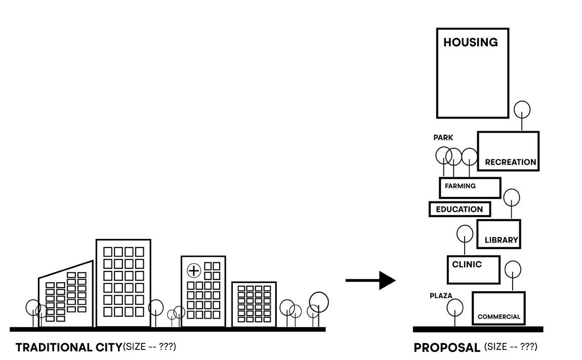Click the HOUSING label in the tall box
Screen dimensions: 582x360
click(x=470, y=43)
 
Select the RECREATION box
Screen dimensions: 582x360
click(x=508, y=151)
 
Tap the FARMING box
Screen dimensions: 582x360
click(x=470, y=187)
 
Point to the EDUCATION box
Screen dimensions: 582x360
click(x=460, y=209)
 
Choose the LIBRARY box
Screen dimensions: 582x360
click(x=498, y=234)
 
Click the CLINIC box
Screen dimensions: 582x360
click(x=473, y=269)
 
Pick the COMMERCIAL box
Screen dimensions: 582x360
click(x=498, y=308)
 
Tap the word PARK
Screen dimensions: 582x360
click(x=443, y=138)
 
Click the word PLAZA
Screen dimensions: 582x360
click(x=441, y=296)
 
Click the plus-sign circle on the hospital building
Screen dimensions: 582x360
click(x=194, y=270)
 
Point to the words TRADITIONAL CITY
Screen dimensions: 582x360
click(x=69, y=348)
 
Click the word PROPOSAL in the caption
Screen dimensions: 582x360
click(x=447, y=348)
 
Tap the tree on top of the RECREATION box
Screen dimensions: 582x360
click(x=522, y=110)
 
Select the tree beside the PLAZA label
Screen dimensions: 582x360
click(x=455, y=308)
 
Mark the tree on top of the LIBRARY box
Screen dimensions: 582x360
click(x=512, y=197)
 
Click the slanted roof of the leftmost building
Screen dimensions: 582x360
click(x=66, y=269)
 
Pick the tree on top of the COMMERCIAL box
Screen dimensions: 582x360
click(x=513, y=269)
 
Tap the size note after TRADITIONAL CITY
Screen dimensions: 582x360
click(x=149, y=347)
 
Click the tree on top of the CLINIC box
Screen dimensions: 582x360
click(x=465, y=234)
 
